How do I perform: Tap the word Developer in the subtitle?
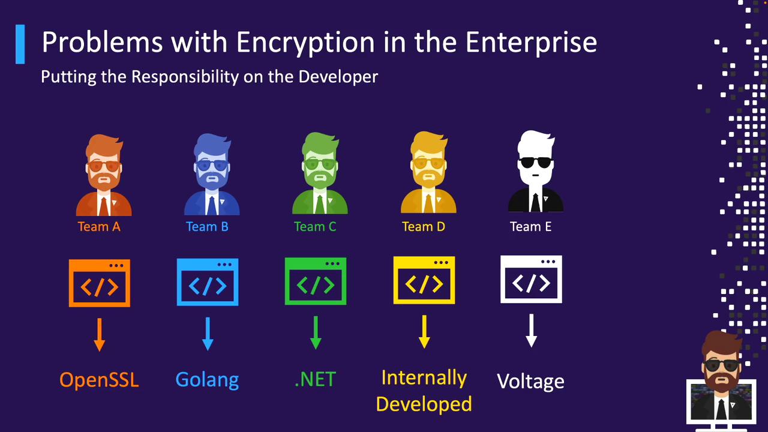(x=338, y=77)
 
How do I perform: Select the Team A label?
(x=99, y=227)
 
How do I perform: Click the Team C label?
(x=315, y=227)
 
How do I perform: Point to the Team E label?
(x=530, y=227)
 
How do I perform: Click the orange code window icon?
(x=100, y=283)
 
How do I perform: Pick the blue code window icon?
(x=208, y=282)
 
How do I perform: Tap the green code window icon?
(x=316, y=281)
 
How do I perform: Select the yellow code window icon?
(x=424, y=281)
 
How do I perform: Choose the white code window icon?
(x=531, y=280)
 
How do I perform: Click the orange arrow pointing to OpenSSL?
(x=100, y=334)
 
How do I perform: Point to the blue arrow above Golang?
(x=208, y=334)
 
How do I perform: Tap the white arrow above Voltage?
(x=531, y=331)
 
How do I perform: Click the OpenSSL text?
(x=99, y=380)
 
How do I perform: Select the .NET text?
(x=315, y=379)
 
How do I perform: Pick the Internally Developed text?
(x=424, y=391)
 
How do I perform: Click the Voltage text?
(x=530, y=381)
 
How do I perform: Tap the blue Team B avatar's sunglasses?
(x=212, y=165)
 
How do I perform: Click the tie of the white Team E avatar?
(x=535, y=203)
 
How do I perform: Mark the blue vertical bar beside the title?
(x=20, y=44)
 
